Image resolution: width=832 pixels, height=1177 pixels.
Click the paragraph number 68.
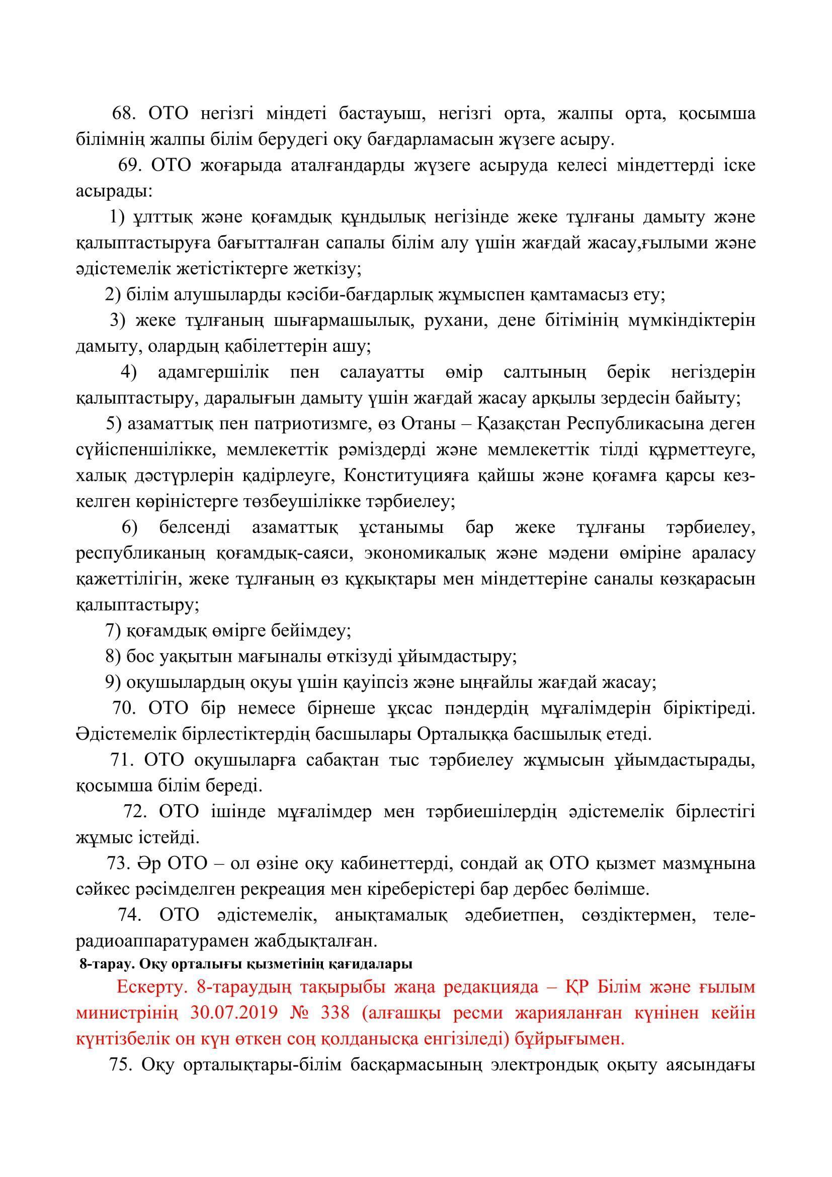pos(123,114)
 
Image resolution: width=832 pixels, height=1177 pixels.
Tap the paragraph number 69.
pos(129,166)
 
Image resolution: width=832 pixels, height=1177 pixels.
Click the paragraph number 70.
pos(124,709)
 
